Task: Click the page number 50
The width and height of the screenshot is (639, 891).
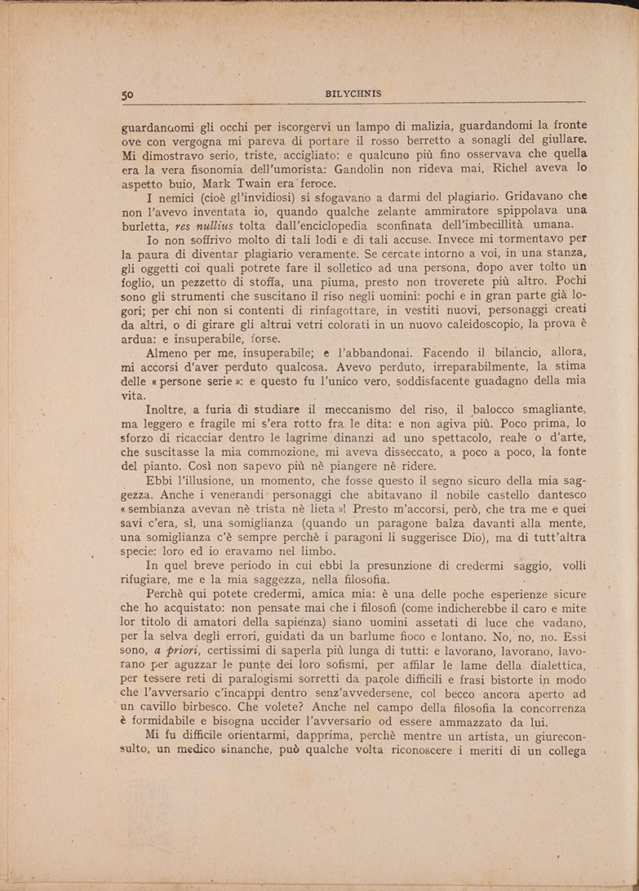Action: pos(127,94)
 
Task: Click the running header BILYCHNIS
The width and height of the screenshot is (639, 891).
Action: pos(352,93)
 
